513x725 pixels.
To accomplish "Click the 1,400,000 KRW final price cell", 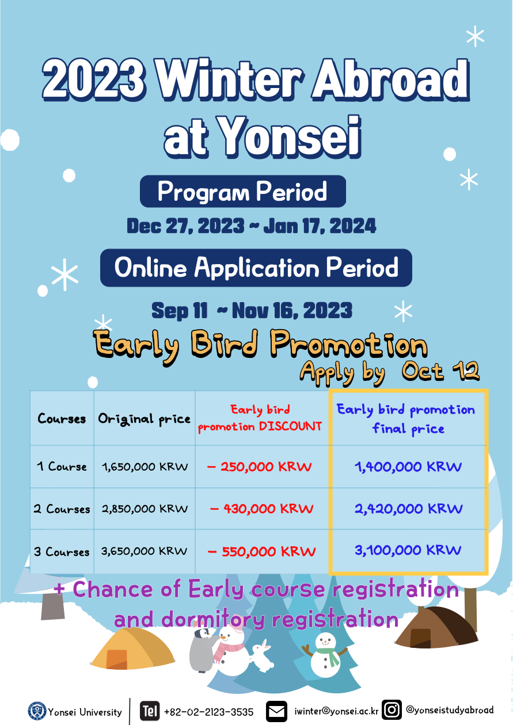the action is coord(408,467).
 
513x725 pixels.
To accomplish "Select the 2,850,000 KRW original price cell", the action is coord(145,509).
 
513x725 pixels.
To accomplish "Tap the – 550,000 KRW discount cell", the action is coord(261,551).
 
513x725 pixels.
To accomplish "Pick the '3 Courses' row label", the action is coord(62,551).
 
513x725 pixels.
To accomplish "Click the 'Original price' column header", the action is coord(144,419).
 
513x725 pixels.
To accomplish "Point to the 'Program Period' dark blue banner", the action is coord(243,191).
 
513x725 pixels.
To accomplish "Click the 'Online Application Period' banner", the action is coord(256,268).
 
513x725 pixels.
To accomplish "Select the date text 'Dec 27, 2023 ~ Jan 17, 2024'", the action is coord(251,226).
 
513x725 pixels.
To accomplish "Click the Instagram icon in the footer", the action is coord(392,710).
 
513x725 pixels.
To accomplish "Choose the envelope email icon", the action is coord(276,711).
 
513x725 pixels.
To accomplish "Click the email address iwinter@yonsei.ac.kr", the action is coord(336,711).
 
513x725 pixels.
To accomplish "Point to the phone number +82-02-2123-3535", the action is coord(208,712).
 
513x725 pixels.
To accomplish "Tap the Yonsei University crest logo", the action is coord(37,711).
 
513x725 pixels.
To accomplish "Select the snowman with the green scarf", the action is coord(325,655).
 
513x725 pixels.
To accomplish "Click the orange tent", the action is coord(134,647).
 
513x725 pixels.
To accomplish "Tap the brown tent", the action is coord(436,628).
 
